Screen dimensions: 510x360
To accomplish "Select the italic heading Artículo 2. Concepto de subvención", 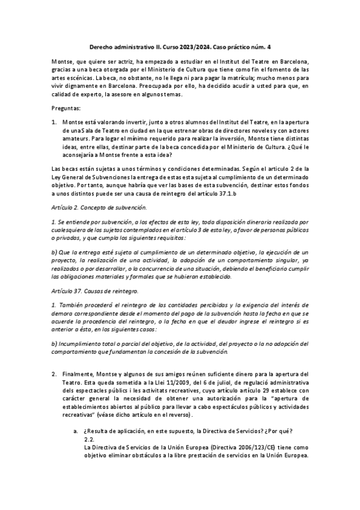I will coord(99,207).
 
